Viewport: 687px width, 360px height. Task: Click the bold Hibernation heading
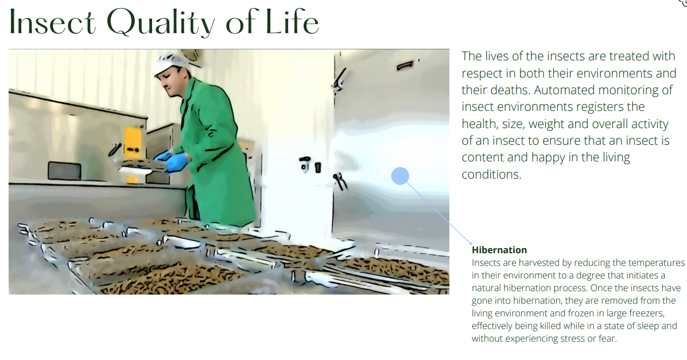coord(499,250)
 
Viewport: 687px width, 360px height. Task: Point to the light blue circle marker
coord(400,176)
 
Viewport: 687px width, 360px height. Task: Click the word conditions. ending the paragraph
coord(491,175)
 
